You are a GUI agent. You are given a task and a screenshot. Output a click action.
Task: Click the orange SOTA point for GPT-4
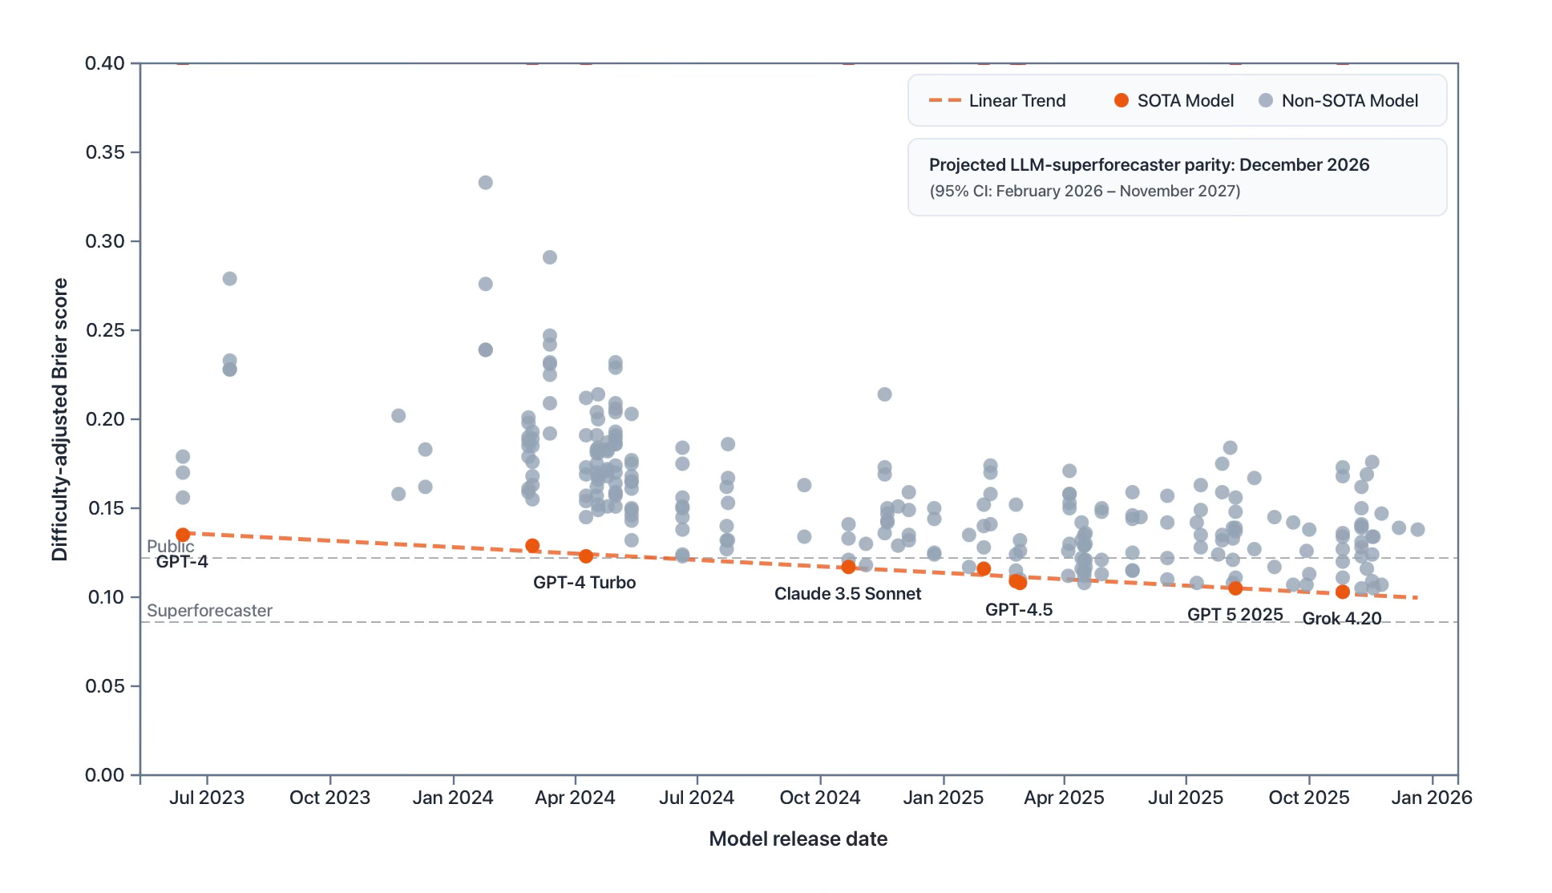183,535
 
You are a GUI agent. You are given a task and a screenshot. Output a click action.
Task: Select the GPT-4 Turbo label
584,583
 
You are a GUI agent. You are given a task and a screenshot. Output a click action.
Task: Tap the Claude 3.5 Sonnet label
847,594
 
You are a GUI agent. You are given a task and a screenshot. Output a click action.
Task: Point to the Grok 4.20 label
1341,619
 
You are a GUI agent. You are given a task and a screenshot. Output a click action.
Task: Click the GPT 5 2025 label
1235,615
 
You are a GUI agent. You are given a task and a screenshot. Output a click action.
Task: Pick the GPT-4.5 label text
1018,610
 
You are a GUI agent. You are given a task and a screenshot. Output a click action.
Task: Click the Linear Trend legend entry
997,101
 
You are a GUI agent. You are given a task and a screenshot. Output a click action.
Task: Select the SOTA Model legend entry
1174,101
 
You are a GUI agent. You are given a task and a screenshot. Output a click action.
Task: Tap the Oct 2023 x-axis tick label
329,798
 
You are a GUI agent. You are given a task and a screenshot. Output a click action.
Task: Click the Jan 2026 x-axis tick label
1431,798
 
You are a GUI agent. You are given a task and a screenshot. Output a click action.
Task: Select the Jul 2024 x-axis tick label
696,798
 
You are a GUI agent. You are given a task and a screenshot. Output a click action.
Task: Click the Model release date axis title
798,839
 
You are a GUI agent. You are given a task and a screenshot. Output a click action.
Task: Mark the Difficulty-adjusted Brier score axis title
60,419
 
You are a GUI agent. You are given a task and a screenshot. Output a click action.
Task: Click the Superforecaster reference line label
209,611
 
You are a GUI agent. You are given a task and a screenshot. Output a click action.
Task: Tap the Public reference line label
170,547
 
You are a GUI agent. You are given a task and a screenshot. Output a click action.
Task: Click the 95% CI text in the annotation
1084,192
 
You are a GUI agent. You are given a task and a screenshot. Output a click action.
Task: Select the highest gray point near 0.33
485,183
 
